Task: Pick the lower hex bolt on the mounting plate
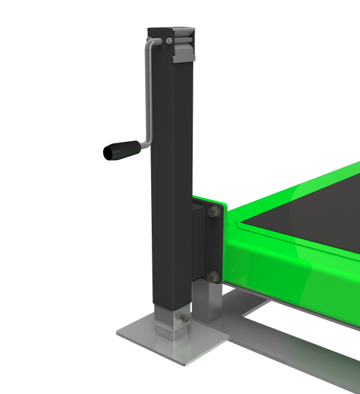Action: click(x=212, y=278)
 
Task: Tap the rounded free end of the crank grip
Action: click(x=105, y=154)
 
